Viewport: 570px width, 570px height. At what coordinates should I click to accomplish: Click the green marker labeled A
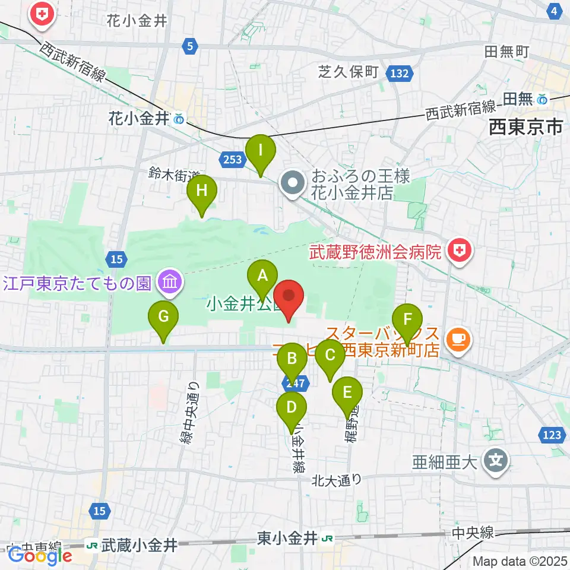tap(262, 275)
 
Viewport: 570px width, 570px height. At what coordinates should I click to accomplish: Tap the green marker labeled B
tap(292, 359)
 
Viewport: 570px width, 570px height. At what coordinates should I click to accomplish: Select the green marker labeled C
tap(330, 355)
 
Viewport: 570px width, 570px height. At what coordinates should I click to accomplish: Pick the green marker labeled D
tap(292, 407)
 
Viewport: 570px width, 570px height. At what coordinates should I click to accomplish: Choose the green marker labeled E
tap(347, 392)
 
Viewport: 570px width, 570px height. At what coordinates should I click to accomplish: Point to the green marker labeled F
tap(407, 319)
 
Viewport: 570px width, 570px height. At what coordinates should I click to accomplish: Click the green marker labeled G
tap(163, 316)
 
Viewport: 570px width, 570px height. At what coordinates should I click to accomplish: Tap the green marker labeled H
tap(202, 191)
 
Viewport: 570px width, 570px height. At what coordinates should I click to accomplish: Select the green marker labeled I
tap(261, 150)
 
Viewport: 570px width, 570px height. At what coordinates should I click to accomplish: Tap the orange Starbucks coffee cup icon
tap(457, 338)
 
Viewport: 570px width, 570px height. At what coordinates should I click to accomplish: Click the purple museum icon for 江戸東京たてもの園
tap(170, 282)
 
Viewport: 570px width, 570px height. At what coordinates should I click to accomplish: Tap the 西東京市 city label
tap(525, 126)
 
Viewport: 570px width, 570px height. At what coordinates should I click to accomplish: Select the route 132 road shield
tap(399, 73)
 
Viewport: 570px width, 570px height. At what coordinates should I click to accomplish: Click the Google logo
tap(40, 555)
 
